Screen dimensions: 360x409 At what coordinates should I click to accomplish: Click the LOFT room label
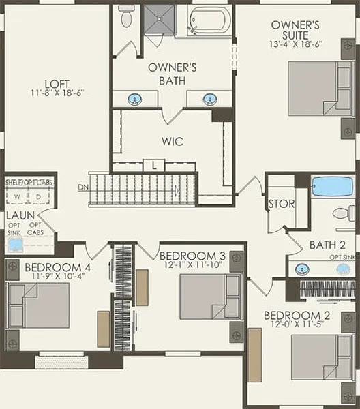pos(57,85)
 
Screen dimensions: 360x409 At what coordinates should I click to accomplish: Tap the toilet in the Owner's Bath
pos(126,16)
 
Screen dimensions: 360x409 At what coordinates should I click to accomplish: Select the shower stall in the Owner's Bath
pos(160,20)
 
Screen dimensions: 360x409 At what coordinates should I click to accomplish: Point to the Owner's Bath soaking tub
pos(209,20)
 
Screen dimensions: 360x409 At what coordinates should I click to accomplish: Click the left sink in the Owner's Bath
pos(135,99)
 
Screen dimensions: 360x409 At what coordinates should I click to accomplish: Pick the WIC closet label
pos(172,141)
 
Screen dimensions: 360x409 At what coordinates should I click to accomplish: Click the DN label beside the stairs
pos(83,187)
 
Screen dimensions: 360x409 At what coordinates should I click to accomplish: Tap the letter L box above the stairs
pos(154,166)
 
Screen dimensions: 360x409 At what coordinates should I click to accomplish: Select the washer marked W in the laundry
pos(17,196)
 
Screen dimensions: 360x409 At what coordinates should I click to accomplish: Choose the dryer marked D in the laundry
pos(39,196)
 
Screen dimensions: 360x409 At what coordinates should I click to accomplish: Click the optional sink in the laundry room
pos(15,245)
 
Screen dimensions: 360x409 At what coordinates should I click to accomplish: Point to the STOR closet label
pos(282,204)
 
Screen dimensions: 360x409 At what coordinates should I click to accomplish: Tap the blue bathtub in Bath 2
pos(333,186)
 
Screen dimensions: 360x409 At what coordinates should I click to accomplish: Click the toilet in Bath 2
pos(344,213)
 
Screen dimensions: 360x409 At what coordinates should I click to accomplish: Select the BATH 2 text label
pos(327,245)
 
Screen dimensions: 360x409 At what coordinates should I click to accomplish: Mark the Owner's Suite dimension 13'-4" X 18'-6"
pos(295,44)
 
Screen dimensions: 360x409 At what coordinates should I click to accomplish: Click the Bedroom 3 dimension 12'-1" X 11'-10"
pos(193,264)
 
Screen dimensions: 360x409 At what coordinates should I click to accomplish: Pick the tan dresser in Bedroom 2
pos(254,354)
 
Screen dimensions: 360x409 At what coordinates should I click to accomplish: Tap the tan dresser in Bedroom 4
pos(104,329)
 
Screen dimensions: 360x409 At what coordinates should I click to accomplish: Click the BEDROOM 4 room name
pos(58,268)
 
